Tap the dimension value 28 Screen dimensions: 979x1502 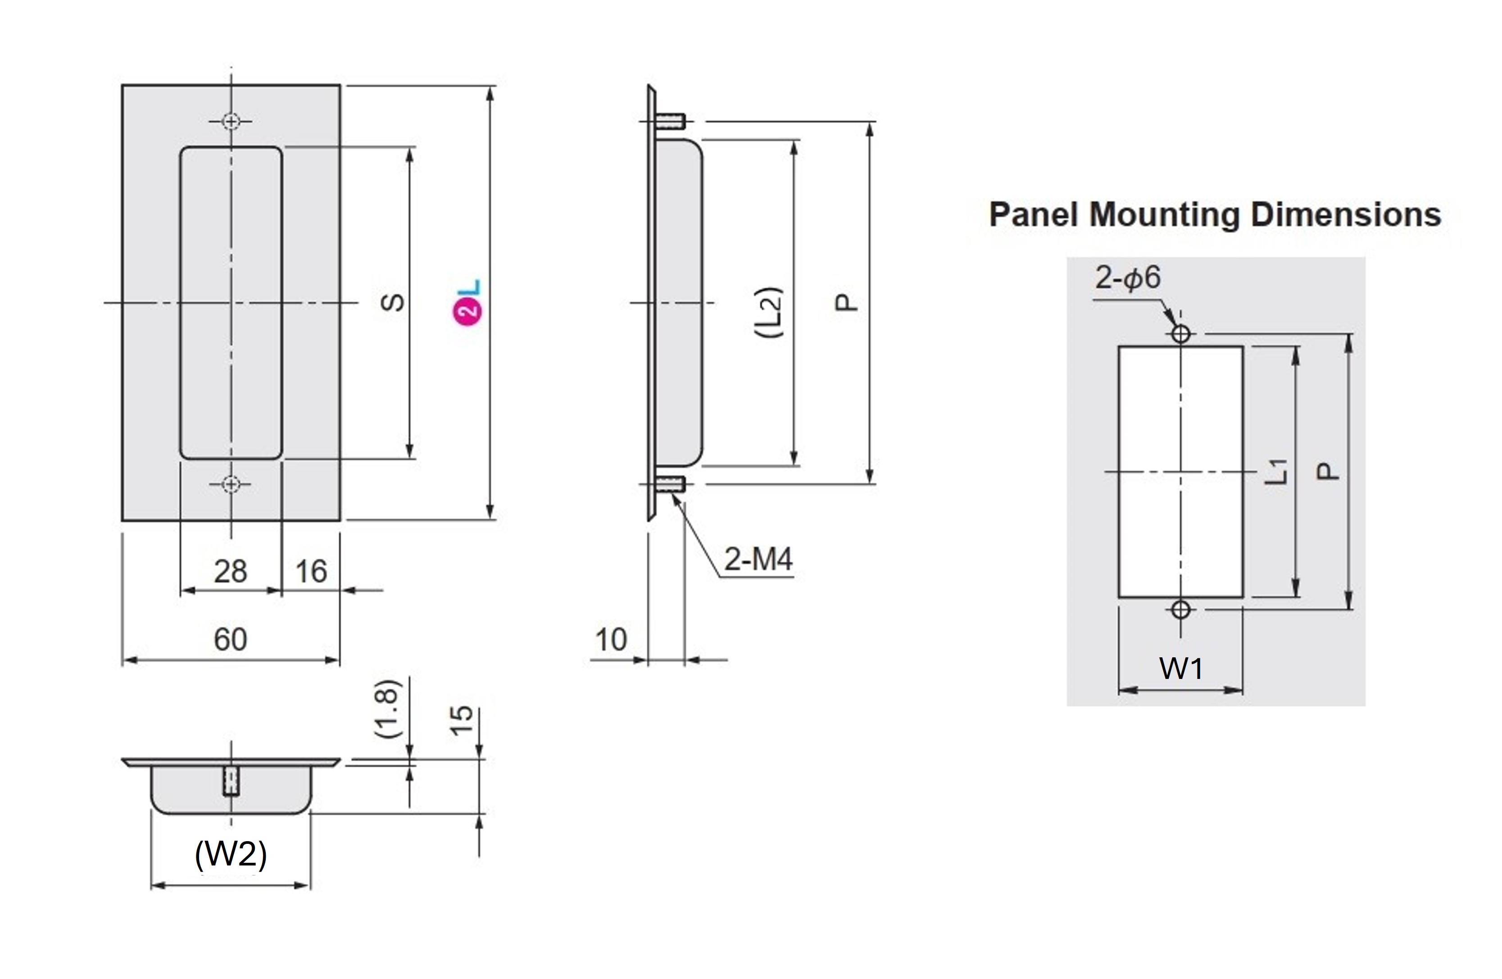(230, 572)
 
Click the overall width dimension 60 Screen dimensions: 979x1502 (230, 639)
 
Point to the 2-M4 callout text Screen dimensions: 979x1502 (758, 559)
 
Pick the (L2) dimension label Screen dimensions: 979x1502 (770, 313)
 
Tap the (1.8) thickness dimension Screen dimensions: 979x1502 (387, 709)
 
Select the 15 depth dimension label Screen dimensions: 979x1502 (462, 720)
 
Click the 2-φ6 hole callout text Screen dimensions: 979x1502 (1128, 278)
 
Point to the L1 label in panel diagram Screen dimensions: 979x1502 (1276, 472)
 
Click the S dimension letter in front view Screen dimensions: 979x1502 (393, 302)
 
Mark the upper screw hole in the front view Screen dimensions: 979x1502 (231, 121)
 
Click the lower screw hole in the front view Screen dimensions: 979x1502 (231, 484)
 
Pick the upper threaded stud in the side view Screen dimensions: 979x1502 (670, 121)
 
